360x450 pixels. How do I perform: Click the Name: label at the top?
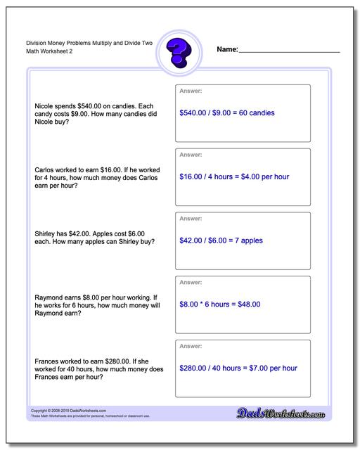coord(227,50)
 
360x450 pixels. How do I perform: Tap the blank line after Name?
coord(290,51)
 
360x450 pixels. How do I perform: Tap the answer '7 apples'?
coord(245,240)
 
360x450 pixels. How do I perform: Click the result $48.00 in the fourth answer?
coord(246,304)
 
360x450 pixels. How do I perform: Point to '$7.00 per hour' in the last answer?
coord(272,368)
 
